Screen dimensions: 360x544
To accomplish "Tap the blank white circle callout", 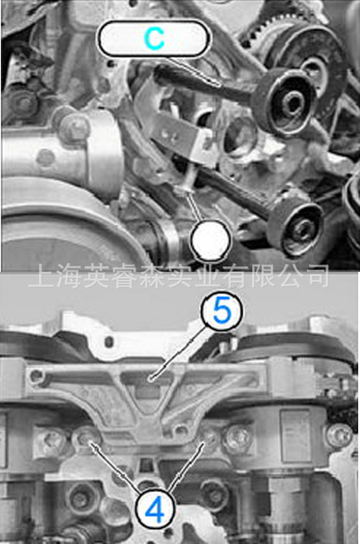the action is pos(211,240).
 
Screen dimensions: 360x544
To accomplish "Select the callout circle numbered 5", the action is pos(222,309).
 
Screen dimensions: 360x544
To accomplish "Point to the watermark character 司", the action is pos(316,276).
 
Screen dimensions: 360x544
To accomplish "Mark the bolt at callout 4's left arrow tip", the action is pos(85,439).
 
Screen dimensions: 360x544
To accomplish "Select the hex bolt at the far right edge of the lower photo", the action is pos(339,435).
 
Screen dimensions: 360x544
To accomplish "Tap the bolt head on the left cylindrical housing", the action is pos(74,128).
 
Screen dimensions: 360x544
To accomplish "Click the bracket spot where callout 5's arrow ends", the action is pos(150,379).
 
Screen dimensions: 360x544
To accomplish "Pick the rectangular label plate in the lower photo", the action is pos(295,435).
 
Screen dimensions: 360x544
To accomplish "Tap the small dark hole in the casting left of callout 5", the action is pos(109,342).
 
